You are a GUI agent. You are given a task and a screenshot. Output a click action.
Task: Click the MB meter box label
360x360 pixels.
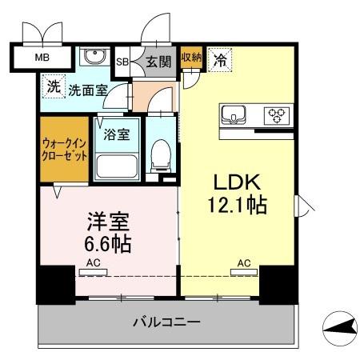40,58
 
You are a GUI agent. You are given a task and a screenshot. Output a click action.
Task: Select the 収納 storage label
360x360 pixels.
191,57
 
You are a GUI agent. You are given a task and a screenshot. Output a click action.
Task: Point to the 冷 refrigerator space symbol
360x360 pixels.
219,58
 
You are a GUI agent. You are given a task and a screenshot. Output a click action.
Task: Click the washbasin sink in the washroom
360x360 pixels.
94,58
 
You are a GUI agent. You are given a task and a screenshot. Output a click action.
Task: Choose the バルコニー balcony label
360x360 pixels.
166,322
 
